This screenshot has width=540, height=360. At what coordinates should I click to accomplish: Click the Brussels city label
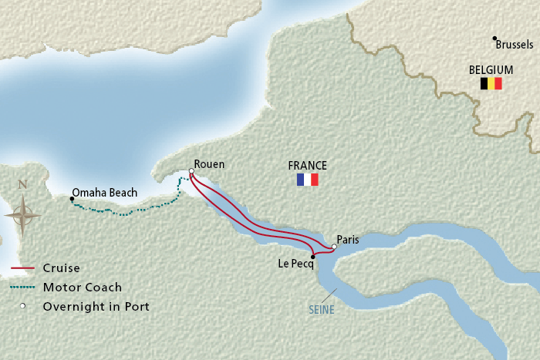(x=515, y=45)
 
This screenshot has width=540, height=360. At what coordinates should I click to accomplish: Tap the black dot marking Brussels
(x=494, y=39)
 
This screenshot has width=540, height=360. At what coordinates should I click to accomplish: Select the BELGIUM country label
(x=491, y=70)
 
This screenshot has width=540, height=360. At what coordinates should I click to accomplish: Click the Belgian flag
(x=491, y=83)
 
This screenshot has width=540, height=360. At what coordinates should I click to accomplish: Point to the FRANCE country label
(x=307, y=166)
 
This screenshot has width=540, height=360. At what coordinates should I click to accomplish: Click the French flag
(x=307, y=180)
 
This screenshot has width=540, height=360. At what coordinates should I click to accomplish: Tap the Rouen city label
(x=209, y=164)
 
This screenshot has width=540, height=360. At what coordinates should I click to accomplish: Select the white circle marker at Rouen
(x=191, y=172)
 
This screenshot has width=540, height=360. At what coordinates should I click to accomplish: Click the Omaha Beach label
(x=104, y=193)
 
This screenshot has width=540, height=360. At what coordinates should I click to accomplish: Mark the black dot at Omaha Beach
(x=72, y=199)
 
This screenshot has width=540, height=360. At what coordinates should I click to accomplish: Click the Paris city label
(x=348, y=240)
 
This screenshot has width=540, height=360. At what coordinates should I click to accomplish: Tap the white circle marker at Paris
(x=334, y=247)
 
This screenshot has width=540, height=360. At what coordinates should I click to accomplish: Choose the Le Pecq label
(x=295, y=264)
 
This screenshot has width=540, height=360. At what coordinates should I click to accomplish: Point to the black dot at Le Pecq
(x=312, y=257)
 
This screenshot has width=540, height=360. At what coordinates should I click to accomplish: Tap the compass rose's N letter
(x=22, y=184)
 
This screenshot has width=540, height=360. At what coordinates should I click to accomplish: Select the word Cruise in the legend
(x=62, y=268)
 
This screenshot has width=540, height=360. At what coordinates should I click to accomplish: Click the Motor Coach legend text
(x=83, y=288)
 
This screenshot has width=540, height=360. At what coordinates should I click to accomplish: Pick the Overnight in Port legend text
(x=96, y=306)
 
